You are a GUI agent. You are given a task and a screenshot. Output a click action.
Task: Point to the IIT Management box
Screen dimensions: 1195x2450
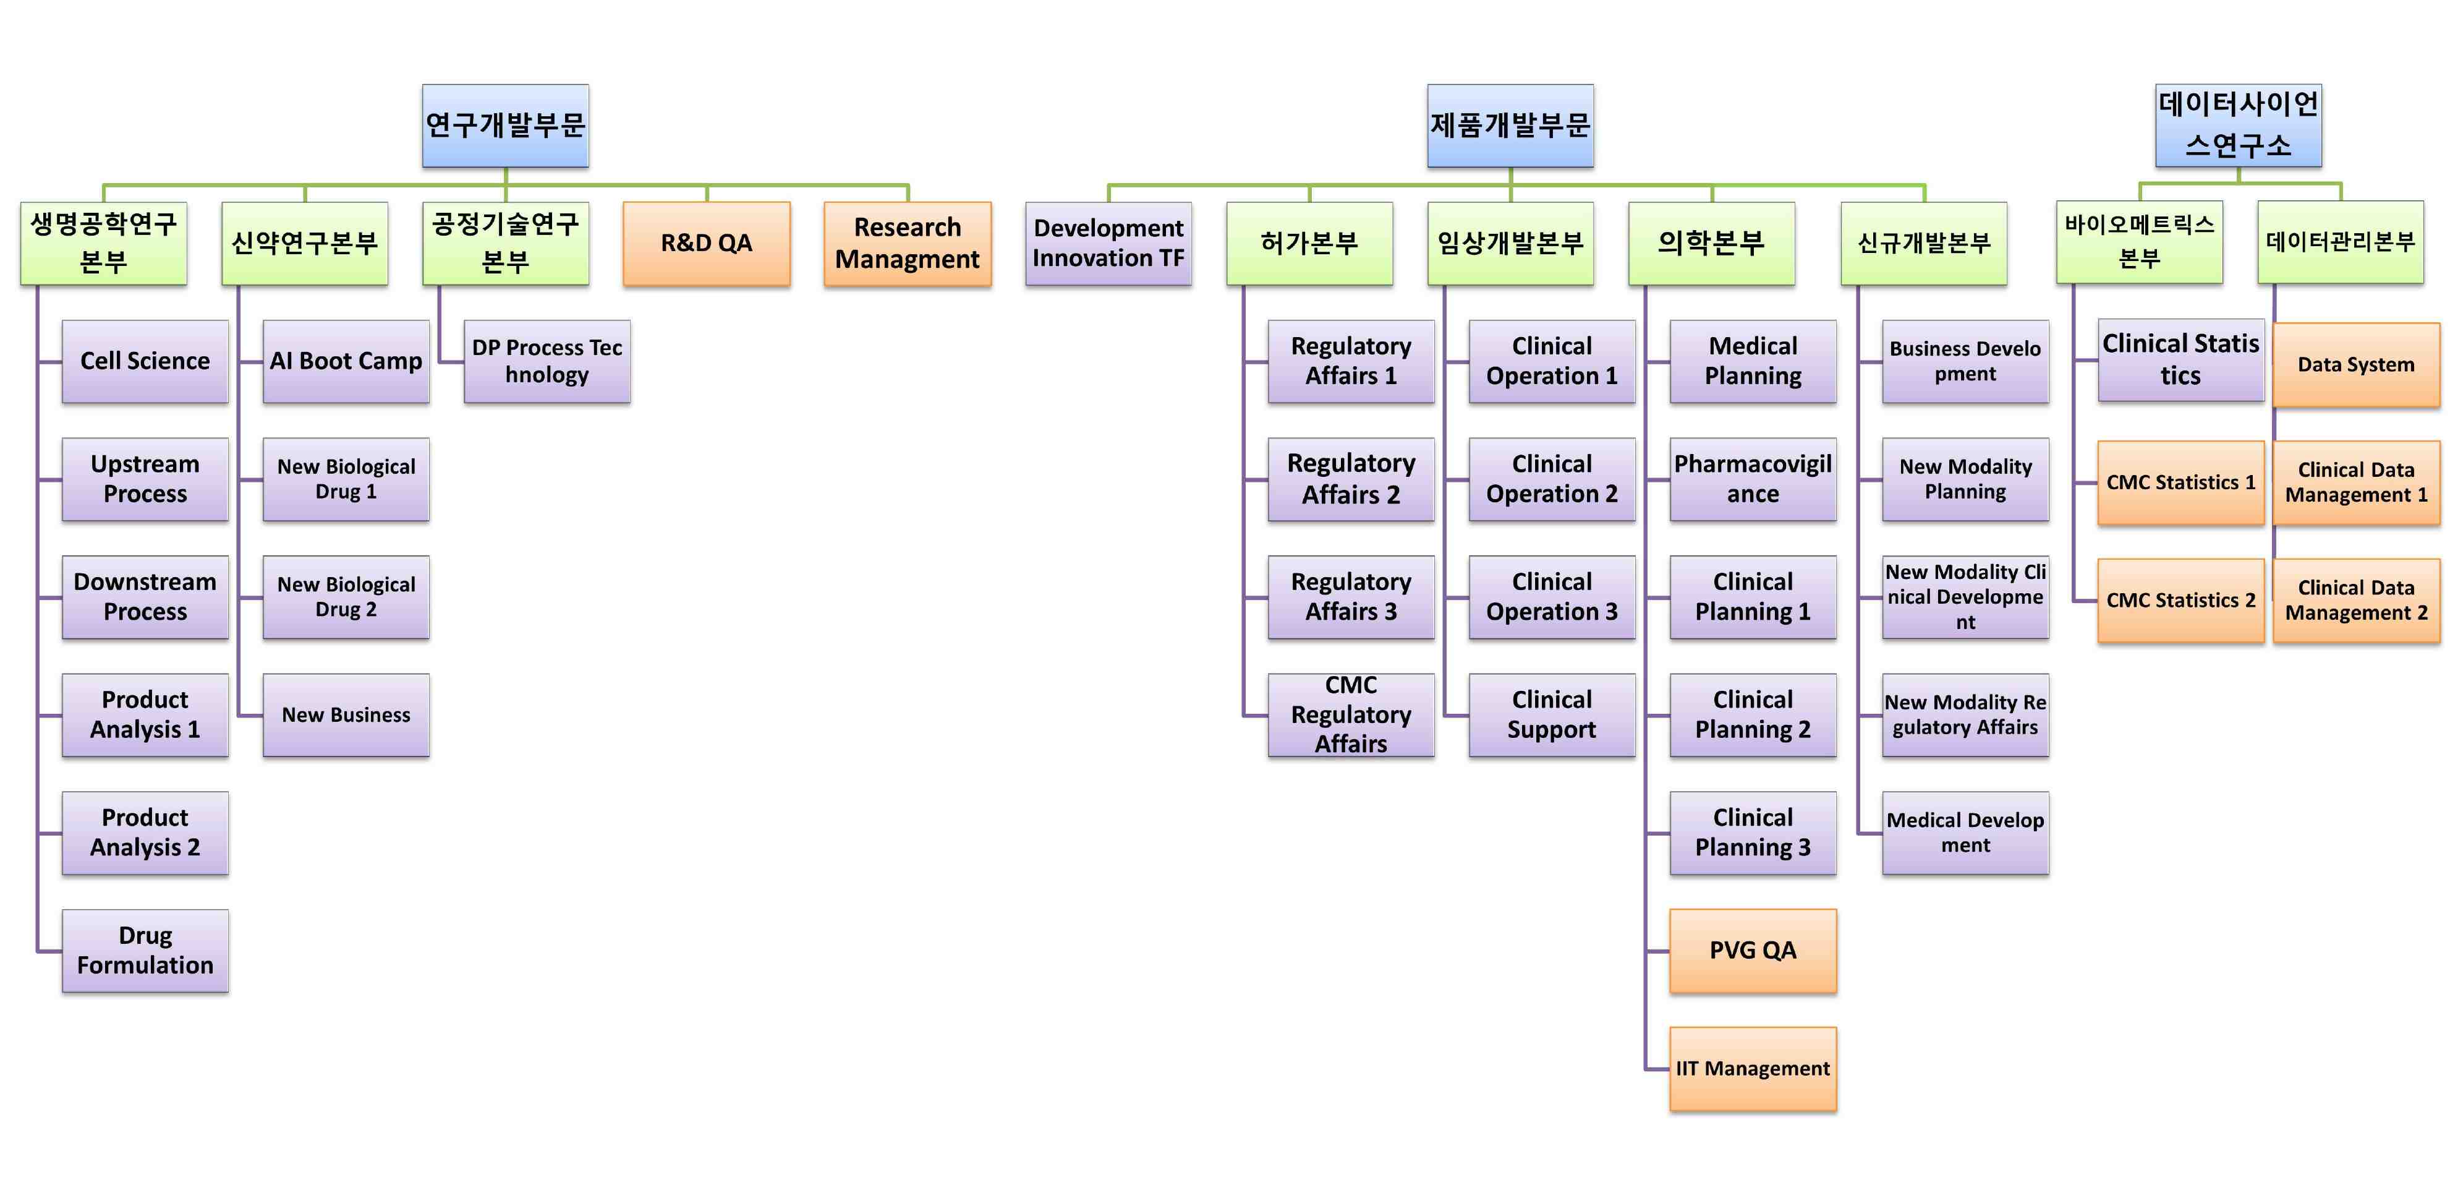1752,1068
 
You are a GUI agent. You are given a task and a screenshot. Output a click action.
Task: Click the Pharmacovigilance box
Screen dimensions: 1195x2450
1752,479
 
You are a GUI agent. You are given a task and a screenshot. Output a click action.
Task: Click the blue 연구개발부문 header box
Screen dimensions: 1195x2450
505,125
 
